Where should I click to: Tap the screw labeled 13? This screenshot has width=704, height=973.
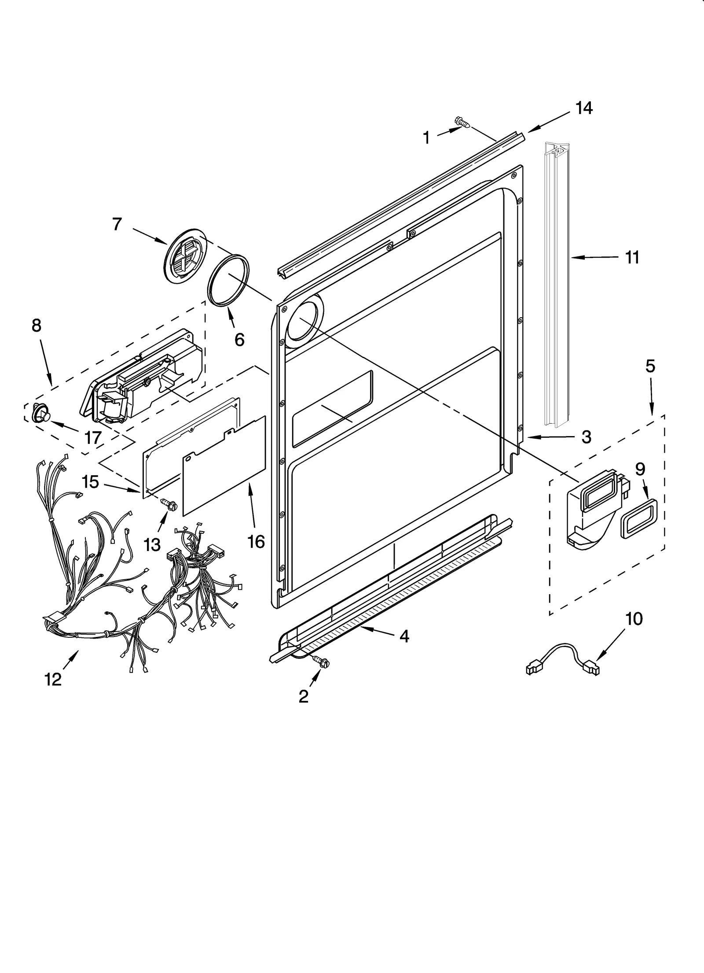(x=168, y=504)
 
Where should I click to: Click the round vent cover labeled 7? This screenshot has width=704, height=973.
(x=185, y=255)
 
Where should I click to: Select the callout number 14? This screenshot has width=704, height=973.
(x=584, y=108)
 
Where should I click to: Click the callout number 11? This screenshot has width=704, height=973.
(x=632, y=258)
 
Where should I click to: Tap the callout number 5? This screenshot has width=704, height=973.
(x=650, y=366)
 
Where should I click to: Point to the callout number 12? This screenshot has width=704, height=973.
(x=53, y=680)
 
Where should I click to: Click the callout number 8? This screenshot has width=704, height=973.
(x=37, y=326)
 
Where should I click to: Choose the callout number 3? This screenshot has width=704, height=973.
(x=586, y=437)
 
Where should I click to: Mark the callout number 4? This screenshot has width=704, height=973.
(x=404, y=636)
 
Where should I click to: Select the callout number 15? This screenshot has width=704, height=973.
(x=90, y=482)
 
